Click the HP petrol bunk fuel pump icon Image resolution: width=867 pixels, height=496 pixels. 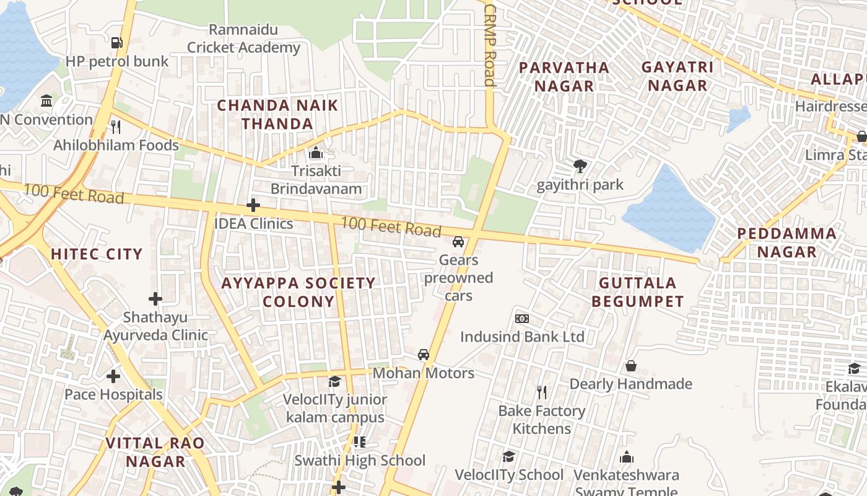[116, 43]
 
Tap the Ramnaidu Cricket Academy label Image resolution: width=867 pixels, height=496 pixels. [243, 38]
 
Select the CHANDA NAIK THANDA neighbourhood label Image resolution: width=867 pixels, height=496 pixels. [277, 115]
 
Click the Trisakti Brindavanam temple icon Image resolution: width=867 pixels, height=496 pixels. [316, 153]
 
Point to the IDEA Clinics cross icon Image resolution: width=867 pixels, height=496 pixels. [253, 205]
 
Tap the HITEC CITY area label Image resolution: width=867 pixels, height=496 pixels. [97, 254]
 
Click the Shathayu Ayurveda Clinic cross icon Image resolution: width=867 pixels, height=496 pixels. [155, 299]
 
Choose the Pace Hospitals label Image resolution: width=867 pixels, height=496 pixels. [114, 394]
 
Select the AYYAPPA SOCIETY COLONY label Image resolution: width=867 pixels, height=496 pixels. [298, 292]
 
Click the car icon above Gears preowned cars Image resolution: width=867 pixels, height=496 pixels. [458, 242]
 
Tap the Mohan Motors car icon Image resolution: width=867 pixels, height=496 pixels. [424, 355]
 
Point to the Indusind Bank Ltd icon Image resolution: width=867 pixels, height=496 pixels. [522, 319]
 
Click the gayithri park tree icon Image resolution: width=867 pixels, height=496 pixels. [580, 166]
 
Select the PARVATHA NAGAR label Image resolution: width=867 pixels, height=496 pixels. [564, 76]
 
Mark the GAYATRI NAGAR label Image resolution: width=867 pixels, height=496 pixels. [677, 76]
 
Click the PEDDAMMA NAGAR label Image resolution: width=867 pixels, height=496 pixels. [786, 242]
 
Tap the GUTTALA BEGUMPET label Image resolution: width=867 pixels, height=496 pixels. [637, 292]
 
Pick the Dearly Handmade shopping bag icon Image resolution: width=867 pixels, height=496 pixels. [631, 366]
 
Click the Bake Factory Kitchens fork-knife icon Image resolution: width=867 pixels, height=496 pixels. [542, 392]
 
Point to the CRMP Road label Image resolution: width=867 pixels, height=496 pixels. [490, 46]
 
